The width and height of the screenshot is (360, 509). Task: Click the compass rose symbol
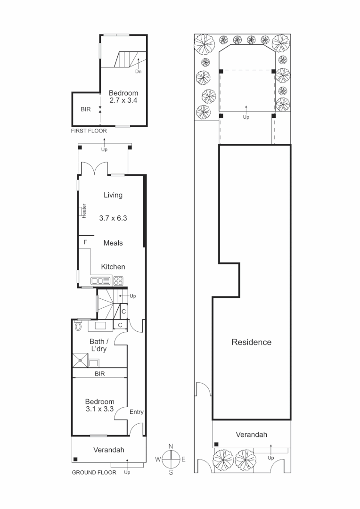tap(171, 459)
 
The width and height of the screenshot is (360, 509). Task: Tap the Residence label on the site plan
tap(251, 342)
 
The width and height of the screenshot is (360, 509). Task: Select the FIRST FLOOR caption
tap(89, 131)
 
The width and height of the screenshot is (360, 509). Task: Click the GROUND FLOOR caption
tap(94, 472)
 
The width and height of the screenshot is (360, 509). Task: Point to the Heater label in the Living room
tap(84, 211)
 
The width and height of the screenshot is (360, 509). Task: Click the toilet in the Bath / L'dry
tap(79, 326)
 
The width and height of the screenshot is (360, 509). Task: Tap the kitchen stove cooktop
tap(118, 281)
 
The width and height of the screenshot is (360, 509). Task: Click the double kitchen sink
tap(100, 281)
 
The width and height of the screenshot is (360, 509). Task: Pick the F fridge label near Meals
tap(85, 242)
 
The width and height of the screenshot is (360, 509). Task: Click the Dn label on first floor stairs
tap(138, 72)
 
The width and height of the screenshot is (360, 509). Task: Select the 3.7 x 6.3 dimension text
tap(114, 218)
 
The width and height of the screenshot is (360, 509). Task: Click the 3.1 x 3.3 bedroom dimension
tap(100, 409)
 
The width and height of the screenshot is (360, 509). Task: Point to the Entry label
tap(137, 412)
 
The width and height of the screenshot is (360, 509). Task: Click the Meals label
tap(113, 243)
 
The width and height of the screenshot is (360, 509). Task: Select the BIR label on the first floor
tap(85, 109)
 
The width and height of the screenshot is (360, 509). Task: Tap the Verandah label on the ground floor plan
tap(108, 450)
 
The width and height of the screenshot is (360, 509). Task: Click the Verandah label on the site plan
tap(252, 435)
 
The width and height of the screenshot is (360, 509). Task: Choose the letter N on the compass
tap(171, 446)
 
